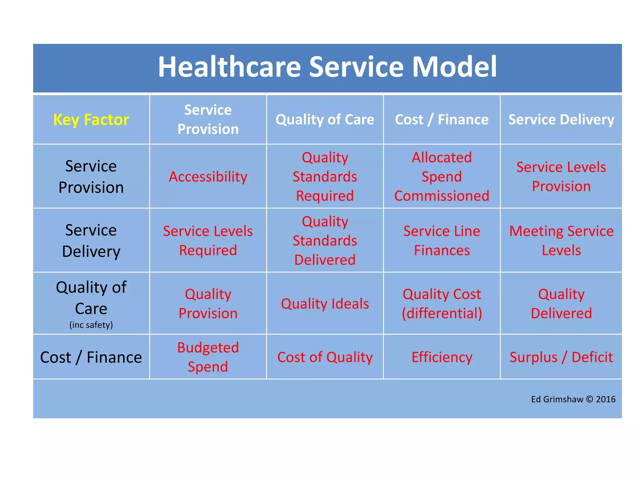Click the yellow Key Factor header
click(x=91, y=120)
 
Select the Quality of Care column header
click(x=325, y=120)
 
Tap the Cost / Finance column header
click(x=442, y=120)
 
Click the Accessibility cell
click(x=208, y=177)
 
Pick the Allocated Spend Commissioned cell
click(x=442, y=177)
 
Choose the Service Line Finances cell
click(x=442, y=241)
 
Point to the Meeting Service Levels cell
click(x=561, y=241)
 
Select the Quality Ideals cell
click(x=325, y=304)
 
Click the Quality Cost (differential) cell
click(x=442, y=304)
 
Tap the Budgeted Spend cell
click(x=208, y=357)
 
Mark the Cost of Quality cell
click(x=325, y=357)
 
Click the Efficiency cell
click(x=442, y=357)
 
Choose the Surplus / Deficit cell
click(x=561, y=357)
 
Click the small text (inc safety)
click(x=91, y=325)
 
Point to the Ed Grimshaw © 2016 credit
click(x=573, y=399)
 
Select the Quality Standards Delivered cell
click(x=325, y=241)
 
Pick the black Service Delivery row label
click(x=91, y=241)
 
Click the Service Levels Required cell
click(x=208, y=241)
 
